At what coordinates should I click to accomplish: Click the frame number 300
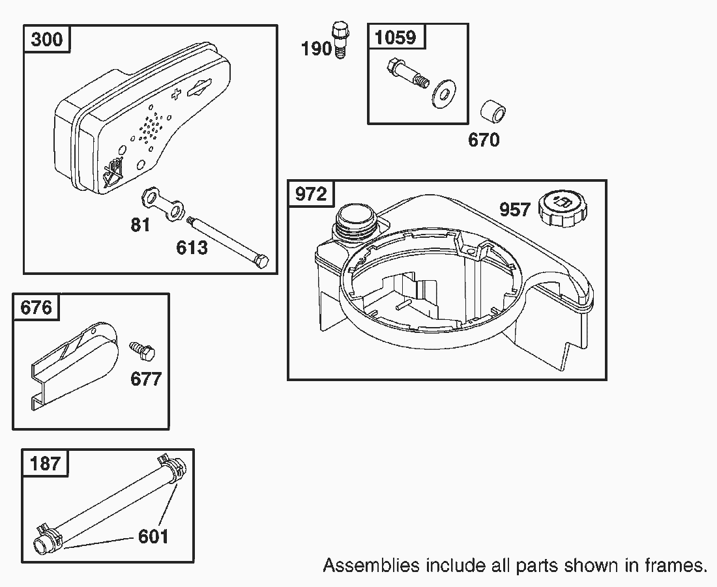pos(47,39)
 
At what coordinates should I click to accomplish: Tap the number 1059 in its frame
pos(396,37)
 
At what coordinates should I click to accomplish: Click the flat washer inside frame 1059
pos(442,94)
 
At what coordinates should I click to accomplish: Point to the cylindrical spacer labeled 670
pos(493,111)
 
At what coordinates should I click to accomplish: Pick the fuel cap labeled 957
pos(563,209)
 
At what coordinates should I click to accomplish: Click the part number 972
pos(311,194)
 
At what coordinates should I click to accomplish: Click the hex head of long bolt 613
pos(261,262)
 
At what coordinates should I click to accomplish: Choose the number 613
pos(192,248)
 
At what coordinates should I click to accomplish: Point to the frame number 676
pos(36,308)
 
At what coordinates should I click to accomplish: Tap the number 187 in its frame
pos(45,463)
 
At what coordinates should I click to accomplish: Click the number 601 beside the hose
pos(153,536)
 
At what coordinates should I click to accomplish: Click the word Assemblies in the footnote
pos(371,566)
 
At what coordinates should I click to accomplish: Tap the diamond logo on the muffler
pos(199,88)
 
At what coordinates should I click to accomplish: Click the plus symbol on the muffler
pos(175,94)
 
